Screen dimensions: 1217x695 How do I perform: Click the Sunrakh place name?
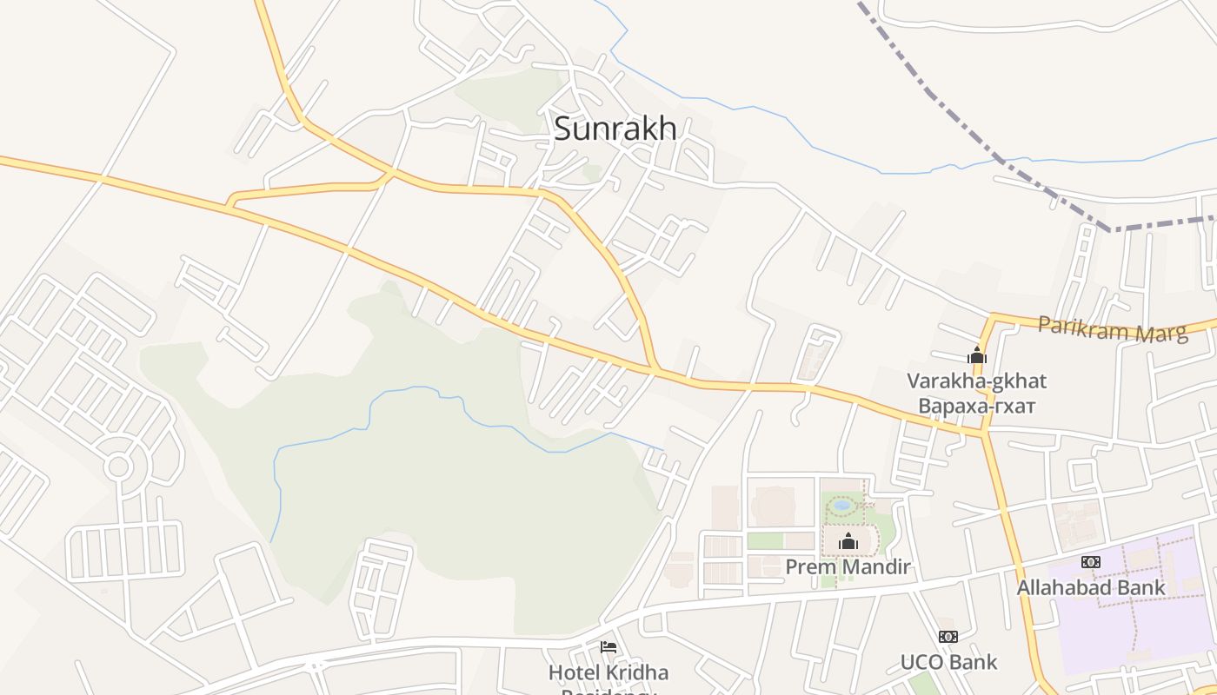point(615,129)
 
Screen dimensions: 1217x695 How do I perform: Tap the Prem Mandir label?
point(848,567)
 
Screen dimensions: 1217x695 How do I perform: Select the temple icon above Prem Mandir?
point(848,543)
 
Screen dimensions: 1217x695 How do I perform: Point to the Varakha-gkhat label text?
point(977,381)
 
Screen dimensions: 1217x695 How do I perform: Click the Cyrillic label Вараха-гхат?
point(977,406)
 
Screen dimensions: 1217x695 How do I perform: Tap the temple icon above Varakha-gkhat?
point(977,355)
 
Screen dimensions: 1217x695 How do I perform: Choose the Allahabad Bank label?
point(1091,588)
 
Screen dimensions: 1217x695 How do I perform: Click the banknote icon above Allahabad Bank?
point(1091,563)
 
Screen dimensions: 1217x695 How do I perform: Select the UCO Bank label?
point(948,662)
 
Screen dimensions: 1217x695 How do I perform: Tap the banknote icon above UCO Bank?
point(948,637)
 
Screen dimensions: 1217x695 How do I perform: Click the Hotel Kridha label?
point(608,672)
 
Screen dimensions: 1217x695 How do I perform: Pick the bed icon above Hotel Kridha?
point(608,647)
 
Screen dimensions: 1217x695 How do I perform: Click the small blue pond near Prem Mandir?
point(841,504)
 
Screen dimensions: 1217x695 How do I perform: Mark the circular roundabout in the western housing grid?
point(118,467)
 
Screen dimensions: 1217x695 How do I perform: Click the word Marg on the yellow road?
point(1160,333)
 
